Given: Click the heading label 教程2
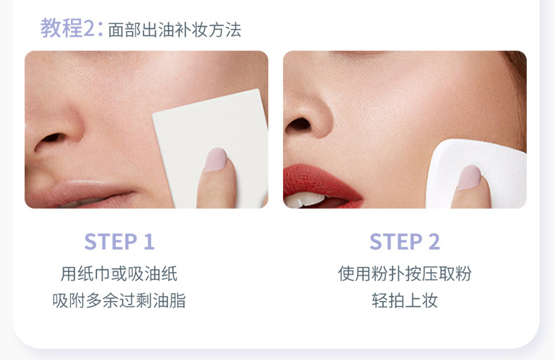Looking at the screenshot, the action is pos(67,28).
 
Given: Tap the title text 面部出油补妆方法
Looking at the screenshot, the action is pos(174,30).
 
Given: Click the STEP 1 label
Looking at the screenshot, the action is pos(119,242).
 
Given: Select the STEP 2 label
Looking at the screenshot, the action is pos(405,242).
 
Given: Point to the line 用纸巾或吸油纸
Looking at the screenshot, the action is pos(119,274).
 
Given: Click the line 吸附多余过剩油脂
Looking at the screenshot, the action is pos(119,300).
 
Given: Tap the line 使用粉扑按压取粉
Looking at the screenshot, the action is pos(405,274).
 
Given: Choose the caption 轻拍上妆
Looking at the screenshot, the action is pos(405,300).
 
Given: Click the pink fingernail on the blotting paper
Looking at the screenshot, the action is pos(215,160).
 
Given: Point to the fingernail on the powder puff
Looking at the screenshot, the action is pos(469,177).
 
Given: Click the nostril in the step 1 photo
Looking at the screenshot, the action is pos(51,139).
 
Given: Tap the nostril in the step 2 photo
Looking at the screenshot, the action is pos(298,124).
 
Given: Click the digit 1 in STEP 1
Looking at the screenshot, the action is pos(149,242).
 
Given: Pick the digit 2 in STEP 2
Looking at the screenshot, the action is pos(434,242).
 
